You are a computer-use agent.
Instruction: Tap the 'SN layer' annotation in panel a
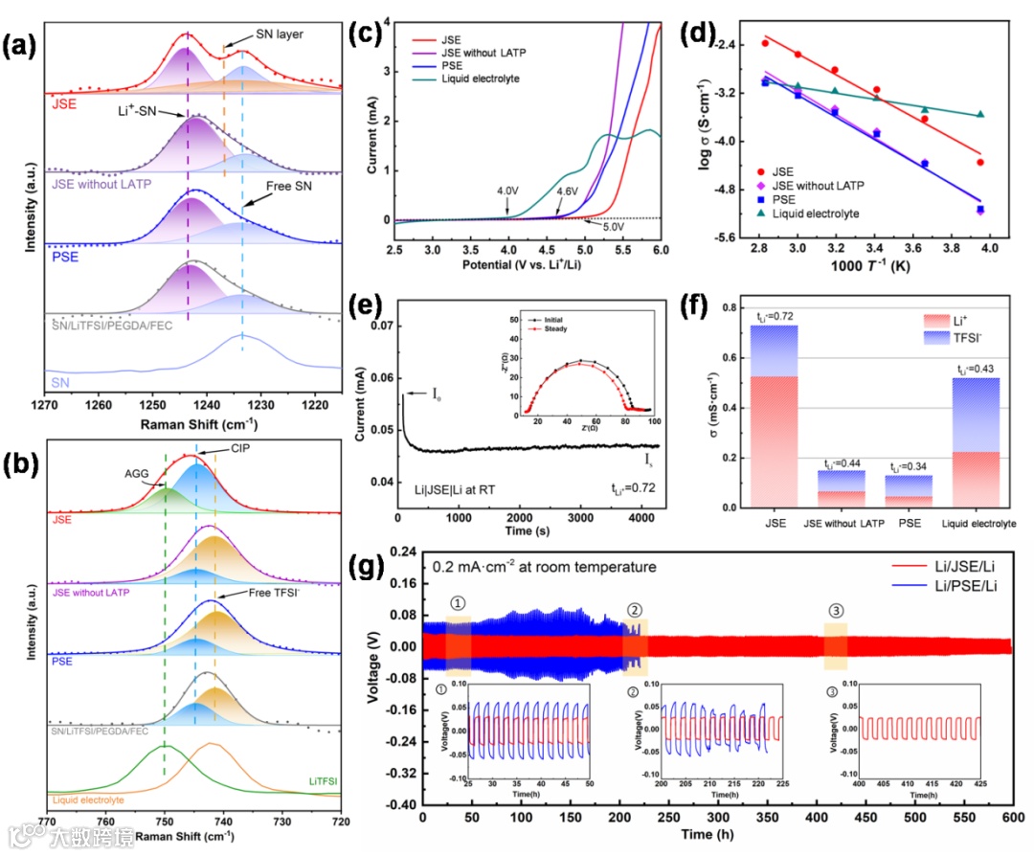click(280, 34)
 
